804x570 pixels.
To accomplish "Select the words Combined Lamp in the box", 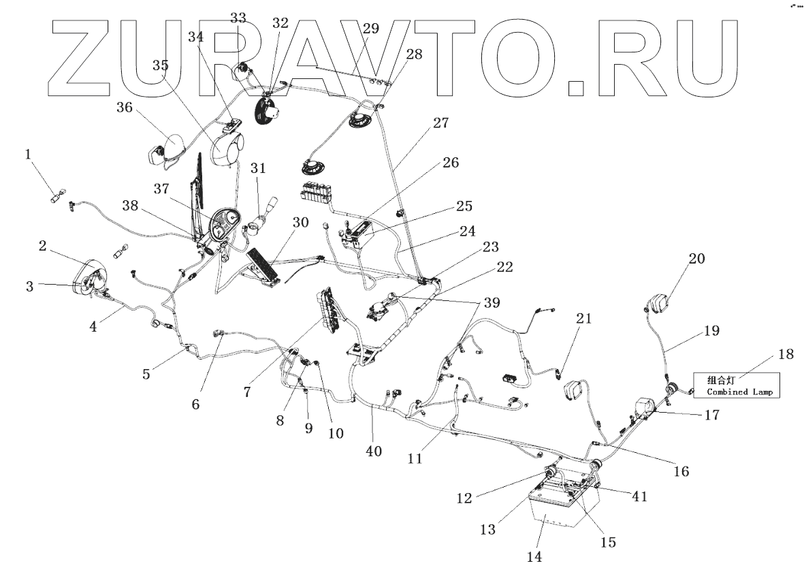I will (741, 392).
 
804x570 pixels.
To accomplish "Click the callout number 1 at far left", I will (28, 155).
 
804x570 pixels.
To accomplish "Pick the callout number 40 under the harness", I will (374, 451).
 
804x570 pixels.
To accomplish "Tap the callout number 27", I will (440, 123).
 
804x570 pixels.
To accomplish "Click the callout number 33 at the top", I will (238, 18).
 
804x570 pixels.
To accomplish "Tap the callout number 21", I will (583, 319).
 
